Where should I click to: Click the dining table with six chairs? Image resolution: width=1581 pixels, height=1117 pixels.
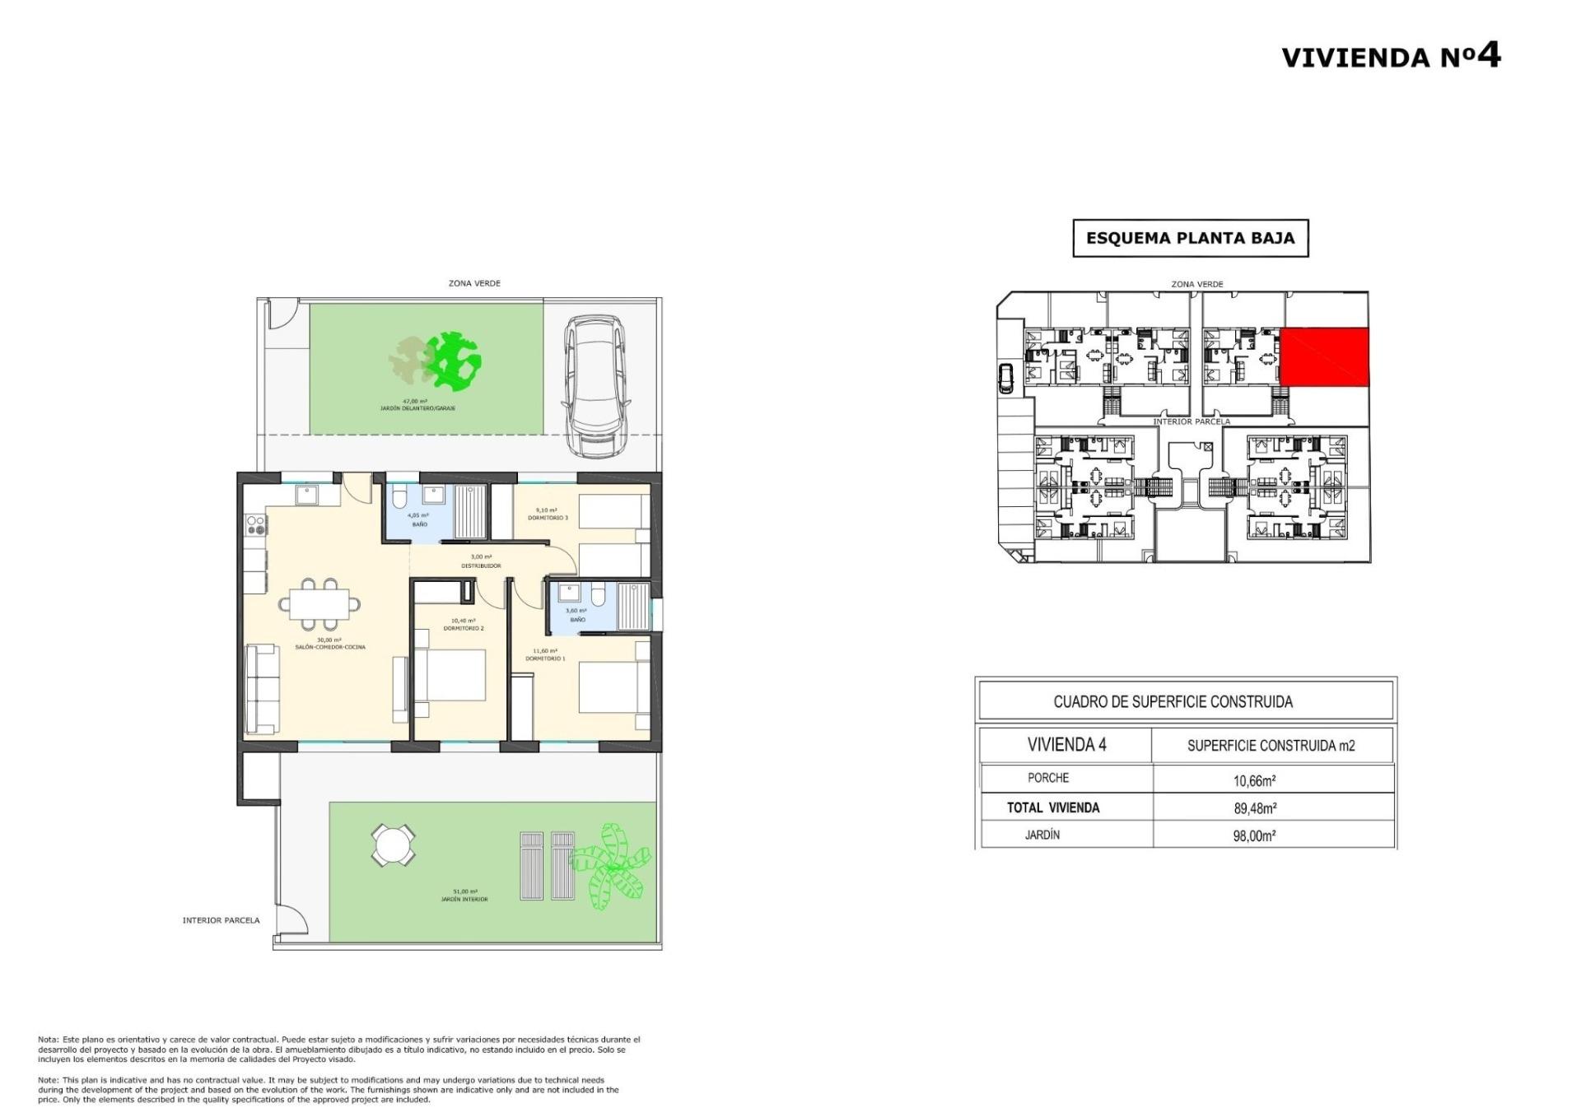coord(319,603)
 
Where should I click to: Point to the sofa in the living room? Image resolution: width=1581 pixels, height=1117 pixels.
coord(263,689)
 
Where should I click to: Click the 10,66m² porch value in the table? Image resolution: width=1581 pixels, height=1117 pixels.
coord(1254,780)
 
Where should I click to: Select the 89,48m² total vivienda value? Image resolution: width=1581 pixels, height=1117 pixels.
coord(1254,808)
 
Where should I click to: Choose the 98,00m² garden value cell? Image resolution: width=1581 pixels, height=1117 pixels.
coord(1254,835)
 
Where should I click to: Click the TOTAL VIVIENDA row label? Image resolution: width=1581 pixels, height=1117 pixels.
coord(1052,808)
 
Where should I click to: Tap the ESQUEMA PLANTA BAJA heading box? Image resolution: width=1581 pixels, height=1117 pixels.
coord(1190,239)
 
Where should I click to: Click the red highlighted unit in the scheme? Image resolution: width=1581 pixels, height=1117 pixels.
coord(1323,356)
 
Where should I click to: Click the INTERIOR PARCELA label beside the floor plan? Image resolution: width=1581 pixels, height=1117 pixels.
coord(221,920)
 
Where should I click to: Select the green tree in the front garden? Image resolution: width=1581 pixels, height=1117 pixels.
coord(453,360)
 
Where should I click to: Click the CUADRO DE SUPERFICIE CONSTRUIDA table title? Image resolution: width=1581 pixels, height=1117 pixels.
coord(1173,702)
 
